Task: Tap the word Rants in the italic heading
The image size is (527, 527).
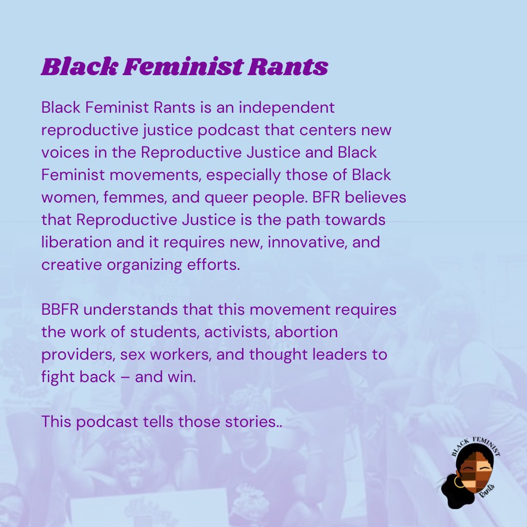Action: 287,67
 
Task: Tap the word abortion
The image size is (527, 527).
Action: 306,332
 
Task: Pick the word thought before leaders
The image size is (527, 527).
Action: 277,355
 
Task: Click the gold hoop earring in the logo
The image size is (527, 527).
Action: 459,482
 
